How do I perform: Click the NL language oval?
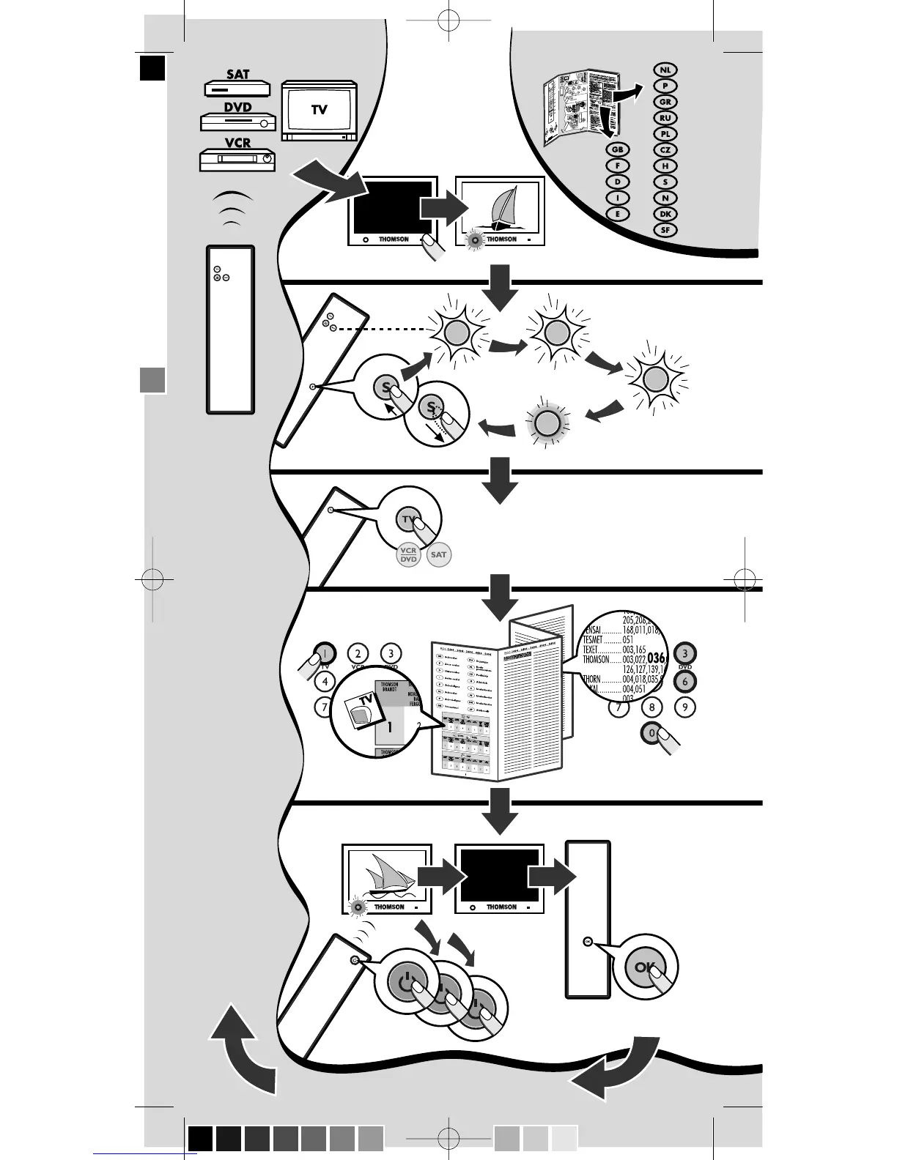point(665,70)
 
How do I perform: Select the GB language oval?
point(617,150)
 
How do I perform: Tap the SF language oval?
point(665,230)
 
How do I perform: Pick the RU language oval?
point(665,118)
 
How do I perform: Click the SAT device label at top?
point(237,75)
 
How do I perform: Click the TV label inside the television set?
point(319,110)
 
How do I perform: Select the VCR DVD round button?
point(408,555)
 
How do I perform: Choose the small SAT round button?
point(438,554)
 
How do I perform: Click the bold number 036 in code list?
point(655,658)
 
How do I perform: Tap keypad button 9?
point(684,707)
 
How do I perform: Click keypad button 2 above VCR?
point(358,653)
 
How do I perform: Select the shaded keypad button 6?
point(684,681)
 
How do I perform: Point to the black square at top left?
point(153,69)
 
